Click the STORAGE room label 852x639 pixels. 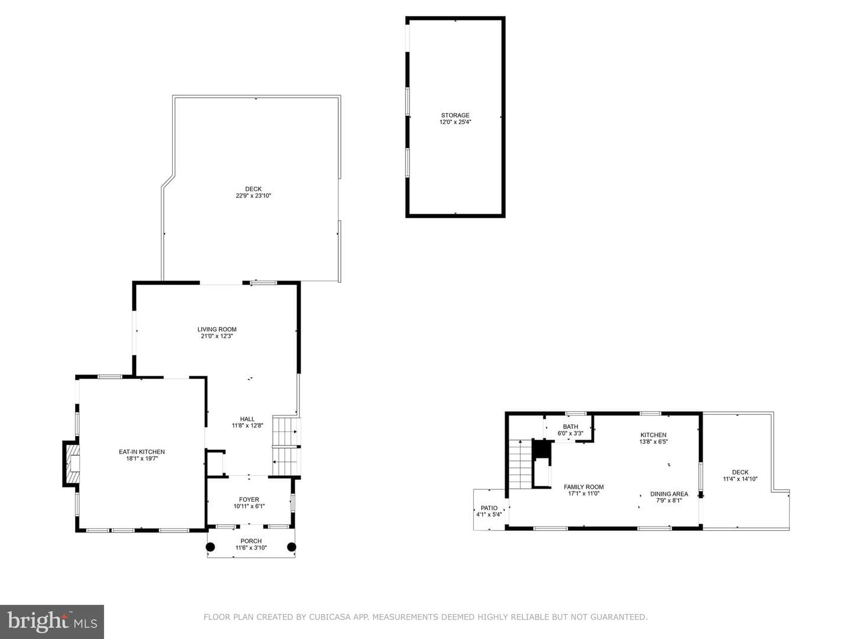455,115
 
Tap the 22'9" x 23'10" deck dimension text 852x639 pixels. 253,196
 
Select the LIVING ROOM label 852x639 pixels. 217,330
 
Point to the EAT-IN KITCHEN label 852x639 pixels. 141,451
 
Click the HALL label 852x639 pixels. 247,419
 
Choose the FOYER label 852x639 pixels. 249,500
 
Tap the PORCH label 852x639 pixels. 251,541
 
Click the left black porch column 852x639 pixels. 210,547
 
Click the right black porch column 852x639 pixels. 292,547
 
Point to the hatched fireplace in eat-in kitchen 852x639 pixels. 72,463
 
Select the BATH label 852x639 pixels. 570,427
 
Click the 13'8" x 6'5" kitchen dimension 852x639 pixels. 654,441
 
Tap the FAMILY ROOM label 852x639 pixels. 584,487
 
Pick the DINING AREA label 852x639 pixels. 669,494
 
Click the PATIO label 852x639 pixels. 489,508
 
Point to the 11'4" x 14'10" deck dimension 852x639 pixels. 740,479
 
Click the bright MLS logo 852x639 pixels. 52,622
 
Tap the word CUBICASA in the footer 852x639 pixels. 330,617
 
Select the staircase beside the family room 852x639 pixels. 520,464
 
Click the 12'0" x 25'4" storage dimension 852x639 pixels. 456,122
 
